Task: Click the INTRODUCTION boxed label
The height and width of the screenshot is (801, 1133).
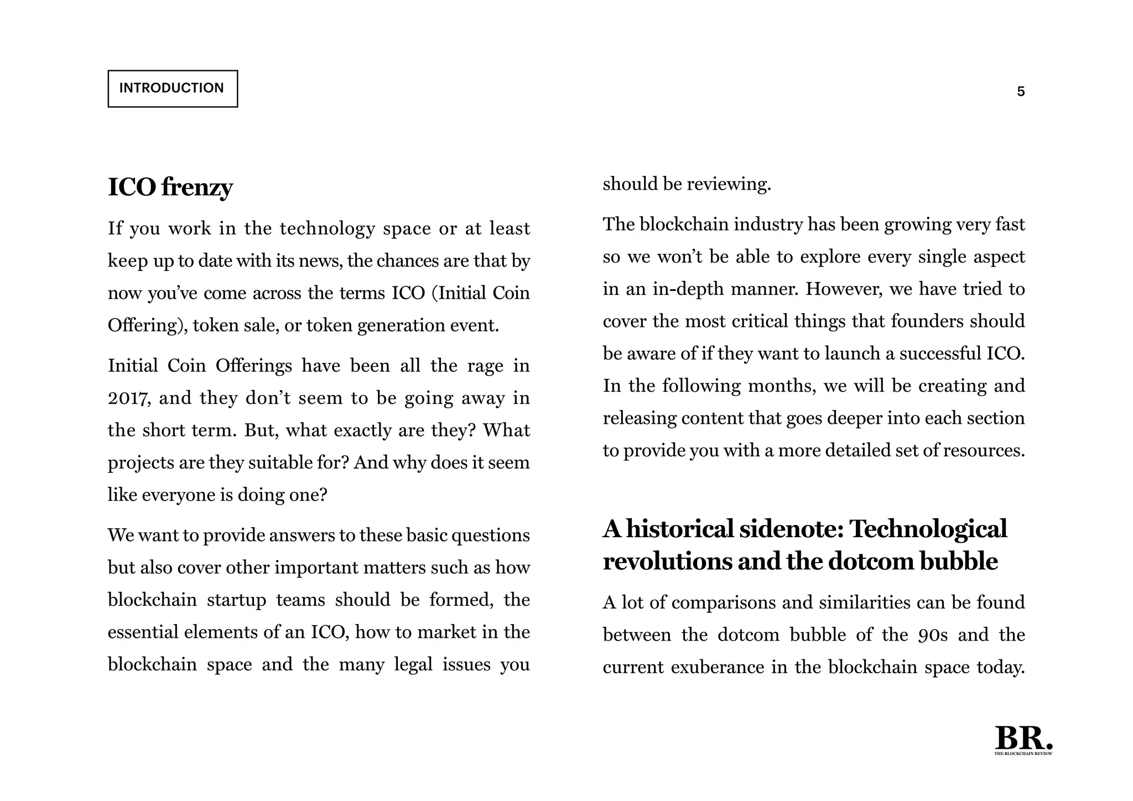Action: point(172,89)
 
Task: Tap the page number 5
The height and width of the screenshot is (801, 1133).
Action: point(1021,92)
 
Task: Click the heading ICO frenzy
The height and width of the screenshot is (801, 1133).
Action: point(170,187)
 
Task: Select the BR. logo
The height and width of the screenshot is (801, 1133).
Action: point(1023,740)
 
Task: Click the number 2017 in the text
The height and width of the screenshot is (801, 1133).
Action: point(127,398)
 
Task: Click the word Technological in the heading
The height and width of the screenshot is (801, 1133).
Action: point(928,529)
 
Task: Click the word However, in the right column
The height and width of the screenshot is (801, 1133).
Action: point(844,289)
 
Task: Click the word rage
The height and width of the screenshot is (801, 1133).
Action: point(485,366)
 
